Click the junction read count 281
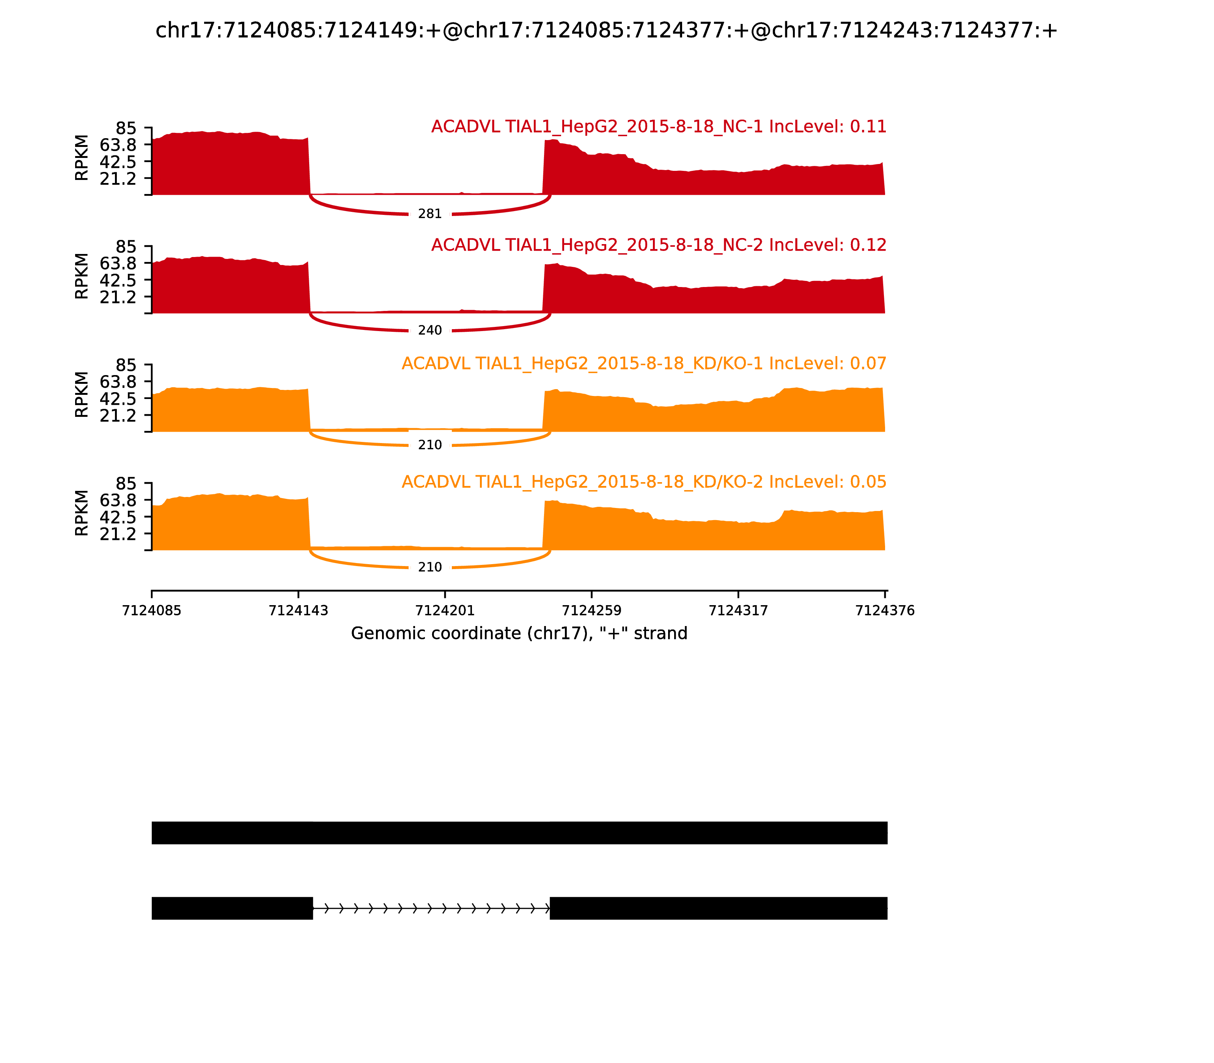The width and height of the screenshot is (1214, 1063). [430, 213]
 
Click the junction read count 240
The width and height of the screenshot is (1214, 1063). [430, 330]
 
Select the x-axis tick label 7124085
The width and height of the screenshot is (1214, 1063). [152, 610]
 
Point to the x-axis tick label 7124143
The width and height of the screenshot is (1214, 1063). [298, 610]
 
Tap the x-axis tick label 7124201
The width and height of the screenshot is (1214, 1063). [445, 610]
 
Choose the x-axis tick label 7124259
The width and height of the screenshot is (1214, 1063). [591, 610]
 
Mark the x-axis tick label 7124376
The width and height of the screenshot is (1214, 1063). [885, 610]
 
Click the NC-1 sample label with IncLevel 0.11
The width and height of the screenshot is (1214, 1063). [659, 127]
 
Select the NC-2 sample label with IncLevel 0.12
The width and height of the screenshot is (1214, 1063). [659, 245]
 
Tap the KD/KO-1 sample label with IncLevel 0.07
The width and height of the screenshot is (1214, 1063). [644, 364]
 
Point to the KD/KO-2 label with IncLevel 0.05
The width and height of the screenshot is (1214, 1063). [644, 482]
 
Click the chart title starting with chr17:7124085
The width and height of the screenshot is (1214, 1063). [606, 31]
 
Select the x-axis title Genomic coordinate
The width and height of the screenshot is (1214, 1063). [519, 634]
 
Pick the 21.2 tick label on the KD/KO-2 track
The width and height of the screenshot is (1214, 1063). [118, 534]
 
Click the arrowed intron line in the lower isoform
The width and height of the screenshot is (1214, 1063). [431, 908]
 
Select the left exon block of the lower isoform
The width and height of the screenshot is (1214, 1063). [232, 908]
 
